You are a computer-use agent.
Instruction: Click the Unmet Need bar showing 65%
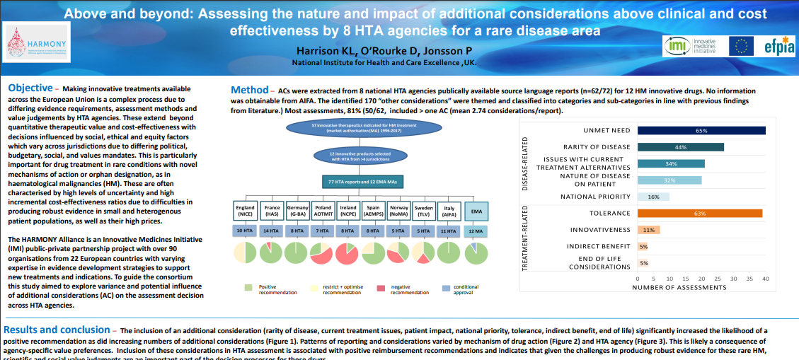701,130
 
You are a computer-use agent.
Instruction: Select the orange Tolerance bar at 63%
700,213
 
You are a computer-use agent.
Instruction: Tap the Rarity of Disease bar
681,147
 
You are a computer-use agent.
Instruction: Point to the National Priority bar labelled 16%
653,197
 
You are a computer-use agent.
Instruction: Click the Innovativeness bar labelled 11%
649,230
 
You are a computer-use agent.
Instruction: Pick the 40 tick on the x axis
766,279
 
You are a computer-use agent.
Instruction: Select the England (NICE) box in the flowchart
245,211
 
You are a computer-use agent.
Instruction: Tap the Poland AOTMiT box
323,211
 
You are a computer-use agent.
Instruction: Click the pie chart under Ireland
347,253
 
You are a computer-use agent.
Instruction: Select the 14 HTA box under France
271,231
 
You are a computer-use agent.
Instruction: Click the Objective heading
30,88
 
